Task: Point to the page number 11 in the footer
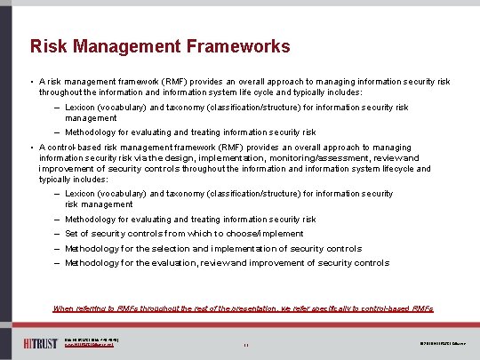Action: click(x=244, y=343)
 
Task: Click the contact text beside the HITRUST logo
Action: click(x=93, y=342)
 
